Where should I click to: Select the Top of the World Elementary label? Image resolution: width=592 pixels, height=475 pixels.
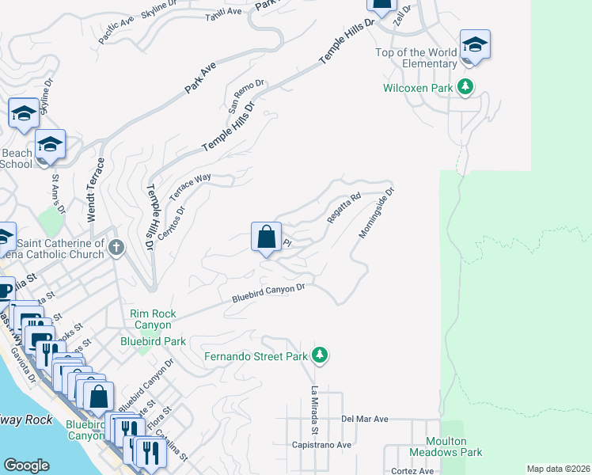click(x=416, y=59)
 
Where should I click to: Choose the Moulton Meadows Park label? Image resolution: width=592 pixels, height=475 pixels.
click(x=446, y=446)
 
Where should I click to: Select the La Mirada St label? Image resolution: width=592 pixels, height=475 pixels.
click(x=314, y=410)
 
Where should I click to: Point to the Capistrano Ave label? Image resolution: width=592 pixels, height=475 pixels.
click(x=321, y=445)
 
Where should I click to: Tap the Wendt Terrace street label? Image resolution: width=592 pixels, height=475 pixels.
click(x=95, y=190)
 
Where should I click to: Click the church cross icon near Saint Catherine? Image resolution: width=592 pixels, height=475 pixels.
click(x=116, y=248)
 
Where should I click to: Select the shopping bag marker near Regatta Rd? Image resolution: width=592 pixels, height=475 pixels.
click(x=267, y=236)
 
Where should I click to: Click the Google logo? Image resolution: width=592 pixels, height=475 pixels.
click(x=27, y=465)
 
